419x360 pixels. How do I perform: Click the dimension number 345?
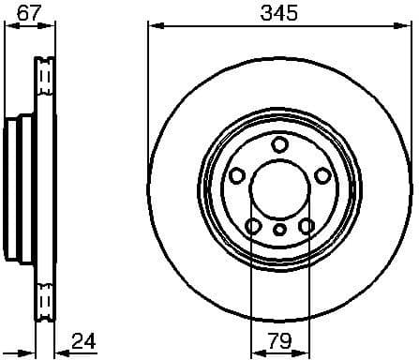278,14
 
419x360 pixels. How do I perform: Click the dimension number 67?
28,14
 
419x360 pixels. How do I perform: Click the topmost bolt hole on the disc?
279,143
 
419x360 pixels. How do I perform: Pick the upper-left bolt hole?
236,175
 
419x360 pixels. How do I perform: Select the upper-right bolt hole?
322,175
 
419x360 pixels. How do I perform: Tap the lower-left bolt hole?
253,225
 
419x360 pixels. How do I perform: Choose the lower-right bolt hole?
306,225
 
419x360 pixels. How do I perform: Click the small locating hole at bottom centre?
279,231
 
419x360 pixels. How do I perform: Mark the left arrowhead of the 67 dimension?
10,28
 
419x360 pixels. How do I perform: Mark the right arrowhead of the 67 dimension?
49,28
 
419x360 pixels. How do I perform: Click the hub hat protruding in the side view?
17,188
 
